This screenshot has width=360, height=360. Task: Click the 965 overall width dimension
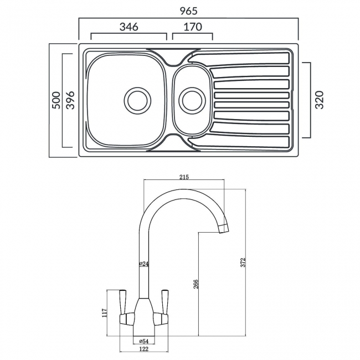tap(189, 11)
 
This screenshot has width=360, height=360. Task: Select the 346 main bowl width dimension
tap(128, 27)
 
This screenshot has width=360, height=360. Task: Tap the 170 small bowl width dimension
tap(192, 27)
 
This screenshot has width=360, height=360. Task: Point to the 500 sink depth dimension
tap(56, 100)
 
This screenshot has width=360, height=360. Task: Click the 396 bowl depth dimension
tap(70, 100)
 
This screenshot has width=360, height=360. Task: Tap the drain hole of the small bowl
tap(191, 100)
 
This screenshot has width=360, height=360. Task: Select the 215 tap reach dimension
tap(184, 177)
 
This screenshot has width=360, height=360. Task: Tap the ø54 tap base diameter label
tap(141, 341)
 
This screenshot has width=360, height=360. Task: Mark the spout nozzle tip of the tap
tap(224, 228)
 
